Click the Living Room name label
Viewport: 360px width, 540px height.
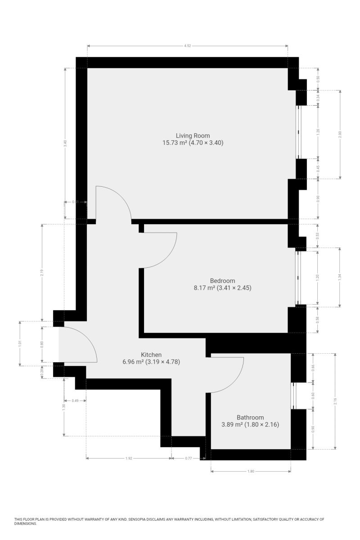click(193, 135)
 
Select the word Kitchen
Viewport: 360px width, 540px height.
click(151, 355)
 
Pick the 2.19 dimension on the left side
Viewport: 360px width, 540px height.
click(42, 272)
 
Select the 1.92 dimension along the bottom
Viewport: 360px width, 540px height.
click(128, 459)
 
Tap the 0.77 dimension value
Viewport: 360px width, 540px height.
click(189, 459)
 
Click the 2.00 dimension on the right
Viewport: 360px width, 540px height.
click(340, 134)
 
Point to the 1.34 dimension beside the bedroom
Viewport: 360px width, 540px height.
click(340, 277)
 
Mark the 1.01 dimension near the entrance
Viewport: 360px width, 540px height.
click(19, 343)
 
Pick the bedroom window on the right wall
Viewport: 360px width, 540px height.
click(297, 277)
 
